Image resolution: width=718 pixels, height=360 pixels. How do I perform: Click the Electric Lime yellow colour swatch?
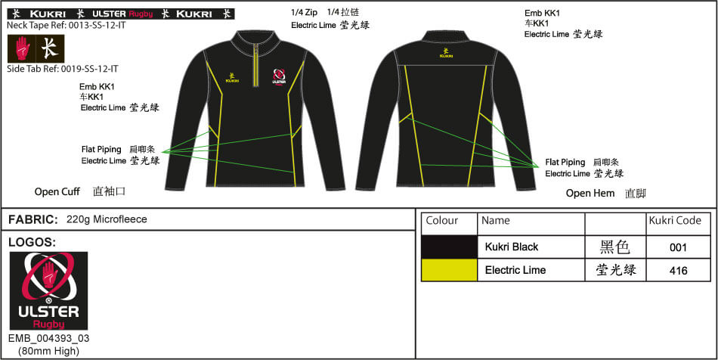point(449,270)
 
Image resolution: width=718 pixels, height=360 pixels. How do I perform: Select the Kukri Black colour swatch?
point(449,247)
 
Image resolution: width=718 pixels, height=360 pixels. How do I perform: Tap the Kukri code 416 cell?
point(678,270)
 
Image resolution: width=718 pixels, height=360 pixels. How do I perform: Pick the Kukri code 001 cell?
point(678,247)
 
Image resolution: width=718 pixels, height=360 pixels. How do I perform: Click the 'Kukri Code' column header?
point(675,220)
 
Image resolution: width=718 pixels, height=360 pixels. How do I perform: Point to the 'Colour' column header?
point(442,220)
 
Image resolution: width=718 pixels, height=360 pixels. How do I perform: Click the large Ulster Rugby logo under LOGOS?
point(48,291)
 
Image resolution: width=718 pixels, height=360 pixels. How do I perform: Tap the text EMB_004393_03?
point(49,339)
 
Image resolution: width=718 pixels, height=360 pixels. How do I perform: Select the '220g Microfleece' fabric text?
point(107,219)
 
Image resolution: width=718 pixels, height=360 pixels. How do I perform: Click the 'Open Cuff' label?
point(57,192)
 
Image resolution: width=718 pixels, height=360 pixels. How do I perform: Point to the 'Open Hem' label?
point(590,194)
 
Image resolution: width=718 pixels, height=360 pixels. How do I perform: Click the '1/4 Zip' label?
point(304,13)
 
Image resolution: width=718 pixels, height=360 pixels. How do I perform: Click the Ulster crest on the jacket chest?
point(279,77)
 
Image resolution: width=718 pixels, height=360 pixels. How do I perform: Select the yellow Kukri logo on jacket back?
point(446,53)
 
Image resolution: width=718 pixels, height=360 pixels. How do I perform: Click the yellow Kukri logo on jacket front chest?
point(233,79)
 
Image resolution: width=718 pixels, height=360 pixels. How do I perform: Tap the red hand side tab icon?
point(23,48)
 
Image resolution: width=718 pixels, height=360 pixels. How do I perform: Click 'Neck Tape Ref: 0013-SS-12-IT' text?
point(66,25)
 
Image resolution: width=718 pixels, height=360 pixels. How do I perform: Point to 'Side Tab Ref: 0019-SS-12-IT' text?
point(62,69)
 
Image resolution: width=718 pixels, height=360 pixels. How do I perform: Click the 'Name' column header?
point(496,220)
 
